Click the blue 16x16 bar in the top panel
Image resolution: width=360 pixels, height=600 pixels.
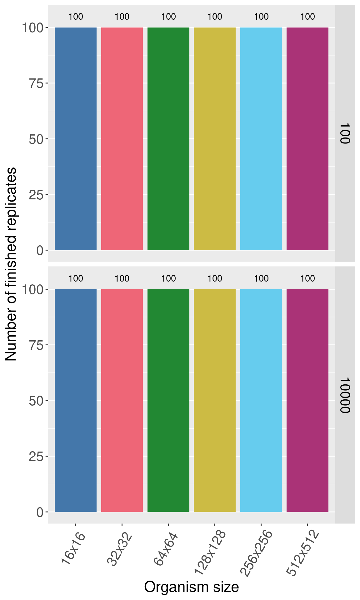76,139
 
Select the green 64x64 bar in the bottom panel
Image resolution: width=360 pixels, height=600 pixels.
168,400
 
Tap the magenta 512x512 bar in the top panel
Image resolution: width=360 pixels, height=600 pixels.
307,139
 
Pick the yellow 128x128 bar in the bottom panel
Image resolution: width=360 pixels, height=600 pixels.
215,400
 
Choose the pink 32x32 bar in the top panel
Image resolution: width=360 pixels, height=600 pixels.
122,139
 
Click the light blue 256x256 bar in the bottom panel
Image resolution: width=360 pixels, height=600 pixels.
261,400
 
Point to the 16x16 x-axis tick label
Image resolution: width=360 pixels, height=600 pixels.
73,549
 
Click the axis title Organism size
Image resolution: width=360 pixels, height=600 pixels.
191,587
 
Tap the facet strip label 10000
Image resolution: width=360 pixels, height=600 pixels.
345,395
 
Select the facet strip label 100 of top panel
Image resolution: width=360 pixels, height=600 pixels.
345,133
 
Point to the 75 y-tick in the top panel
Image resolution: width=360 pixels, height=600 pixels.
36,83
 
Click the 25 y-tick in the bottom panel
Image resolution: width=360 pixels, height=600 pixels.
36,457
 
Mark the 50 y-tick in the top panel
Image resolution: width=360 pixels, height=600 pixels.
36,139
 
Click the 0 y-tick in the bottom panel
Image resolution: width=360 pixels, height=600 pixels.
40,512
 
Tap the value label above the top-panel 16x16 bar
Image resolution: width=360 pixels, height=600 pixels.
76,17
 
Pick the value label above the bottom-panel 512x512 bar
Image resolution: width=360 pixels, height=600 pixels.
307,278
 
